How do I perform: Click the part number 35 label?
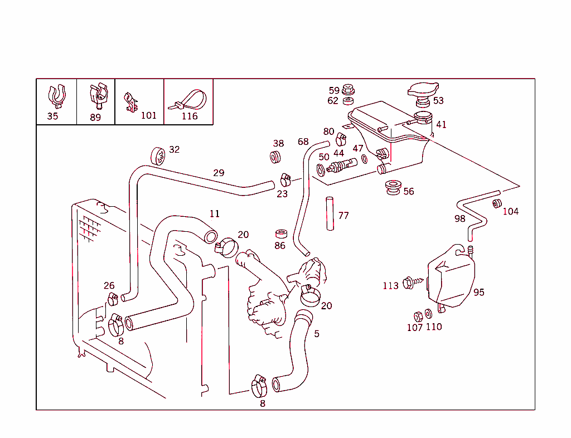pos(52,116)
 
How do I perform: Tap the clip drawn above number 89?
pos(98,95)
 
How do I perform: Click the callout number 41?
pos(441,125)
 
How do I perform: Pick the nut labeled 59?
pos(349,89)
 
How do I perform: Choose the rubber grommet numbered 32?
pos(158,155)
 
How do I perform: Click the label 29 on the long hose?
pos(219,173)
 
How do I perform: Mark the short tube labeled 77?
pos(330,213)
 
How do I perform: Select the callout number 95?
pos(478,292)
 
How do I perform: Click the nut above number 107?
pos(418,316)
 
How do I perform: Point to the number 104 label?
pos(510,211)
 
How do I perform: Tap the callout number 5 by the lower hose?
pos(317,334)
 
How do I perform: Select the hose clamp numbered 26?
pos(113,299)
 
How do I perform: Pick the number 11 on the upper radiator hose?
pos(215,213)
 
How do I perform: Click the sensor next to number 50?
pos(341,166)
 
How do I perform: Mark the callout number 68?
pos(303,142)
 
